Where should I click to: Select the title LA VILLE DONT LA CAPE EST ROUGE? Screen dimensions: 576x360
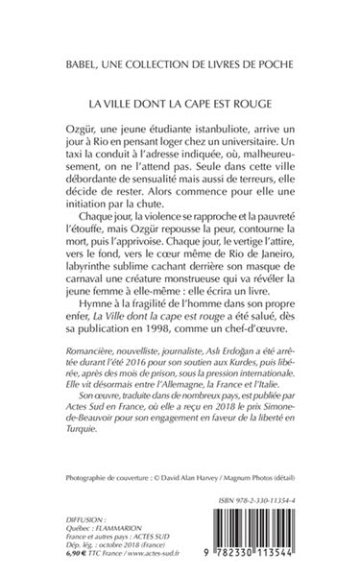[x=180, y=101]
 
